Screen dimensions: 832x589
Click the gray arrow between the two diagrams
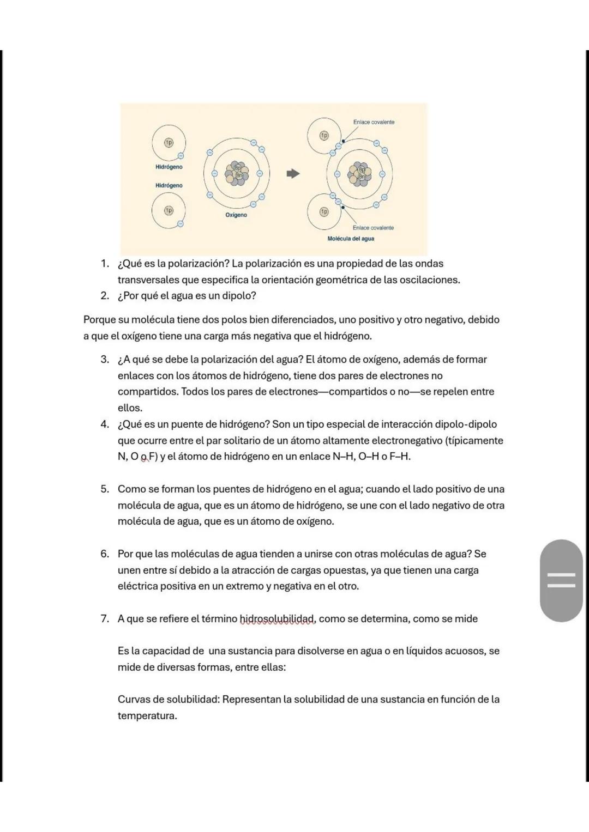293,174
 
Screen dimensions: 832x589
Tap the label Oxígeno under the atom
236,215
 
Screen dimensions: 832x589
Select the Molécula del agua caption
351,239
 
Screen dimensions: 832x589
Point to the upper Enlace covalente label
374,122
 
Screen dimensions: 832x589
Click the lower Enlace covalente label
373,228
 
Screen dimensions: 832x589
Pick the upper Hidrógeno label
169,167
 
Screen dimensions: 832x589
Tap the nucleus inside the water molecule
359,173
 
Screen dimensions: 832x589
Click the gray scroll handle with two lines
561,580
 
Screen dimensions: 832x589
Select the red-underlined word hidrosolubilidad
278,619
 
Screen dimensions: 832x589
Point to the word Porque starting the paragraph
99,320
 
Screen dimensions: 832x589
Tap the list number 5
105,489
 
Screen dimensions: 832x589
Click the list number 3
105,360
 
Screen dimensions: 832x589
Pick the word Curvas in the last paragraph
133,700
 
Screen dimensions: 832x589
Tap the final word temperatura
147,716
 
